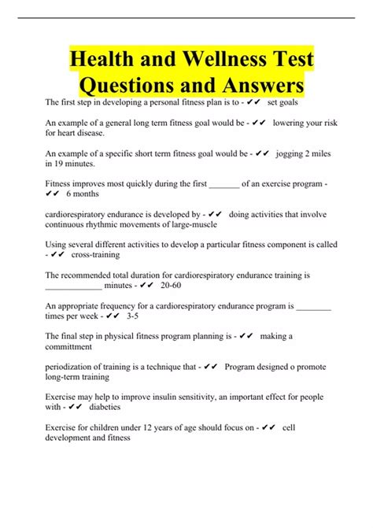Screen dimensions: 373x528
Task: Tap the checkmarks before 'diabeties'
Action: pos(76,408)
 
